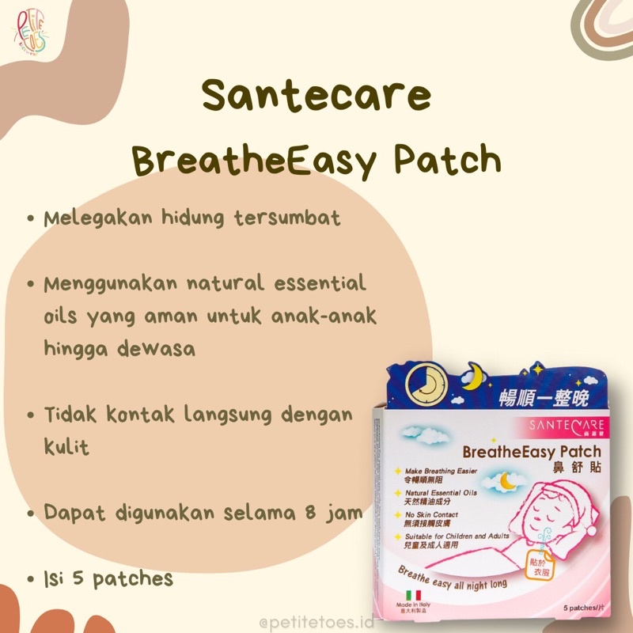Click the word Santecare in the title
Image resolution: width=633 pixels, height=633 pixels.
(x=316, y=97)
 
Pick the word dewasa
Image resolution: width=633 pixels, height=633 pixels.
(x=155, y=348)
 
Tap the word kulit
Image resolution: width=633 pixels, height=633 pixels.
(x=66, y=447)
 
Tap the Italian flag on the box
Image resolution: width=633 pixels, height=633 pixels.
(x=412, y=594)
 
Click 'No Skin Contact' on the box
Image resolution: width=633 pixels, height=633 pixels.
(x=432, y=515)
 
